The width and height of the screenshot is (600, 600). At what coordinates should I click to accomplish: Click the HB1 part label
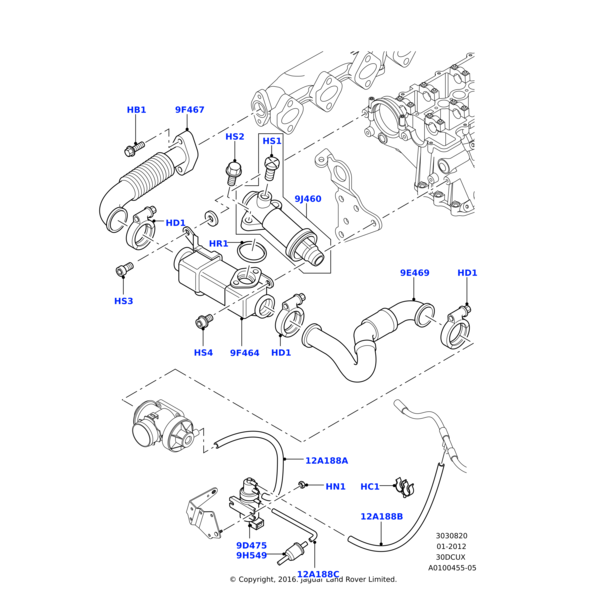[136, 110]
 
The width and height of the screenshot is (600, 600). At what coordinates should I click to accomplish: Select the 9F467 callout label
[189, 110]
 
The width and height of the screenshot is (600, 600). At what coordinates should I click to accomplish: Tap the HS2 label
[234, 137]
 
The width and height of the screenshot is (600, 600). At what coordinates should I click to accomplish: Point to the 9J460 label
[308, 199]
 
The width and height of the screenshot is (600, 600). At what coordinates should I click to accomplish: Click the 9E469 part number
[414, 273]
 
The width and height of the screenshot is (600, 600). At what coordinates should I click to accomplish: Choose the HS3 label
[123, 301]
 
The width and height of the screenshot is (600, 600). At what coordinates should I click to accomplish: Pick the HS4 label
[203, 352]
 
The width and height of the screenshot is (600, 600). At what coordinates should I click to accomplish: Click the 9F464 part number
[244, 352]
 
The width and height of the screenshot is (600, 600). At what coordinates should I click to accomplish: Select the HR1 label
[218, 244]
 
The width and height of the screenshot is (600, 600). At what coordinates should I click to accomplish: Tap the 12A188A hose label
[326, 461]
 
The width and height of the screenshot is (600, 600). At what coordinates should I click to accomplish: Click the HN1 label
[335, 487]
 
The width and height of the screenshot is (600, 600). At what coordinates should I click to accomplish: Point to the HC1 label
[369, 487]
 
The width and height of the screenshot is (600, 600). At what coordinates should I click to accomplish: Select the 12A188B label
[381, 517]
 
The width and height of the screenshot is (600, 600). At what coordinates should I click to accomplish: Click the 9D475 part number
[251, 545]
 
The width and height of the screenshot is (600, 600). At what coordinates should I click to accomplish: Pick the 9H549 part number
[251, 556]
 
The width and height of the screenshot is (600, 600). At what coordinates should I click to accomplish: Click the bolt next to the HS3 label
[123, 269]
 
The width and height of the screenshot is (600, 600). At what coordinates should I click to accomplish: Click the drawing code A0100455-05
[452, 568]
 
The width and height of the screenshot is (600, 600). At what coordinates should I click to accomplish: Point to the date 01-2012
[451, 546]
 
